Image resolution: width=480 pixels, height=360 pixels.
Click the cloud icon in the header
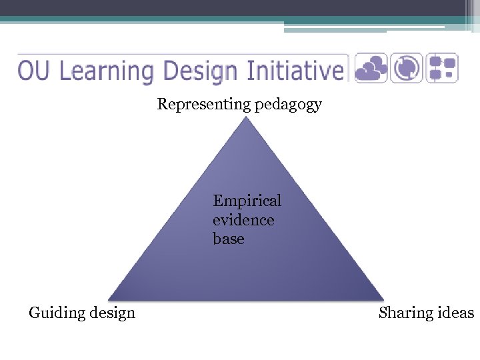pyautogui.click(x=371, y=68)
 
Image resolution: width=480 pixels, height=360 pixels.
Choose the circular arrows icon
pyautogui.click(x=406, y=68)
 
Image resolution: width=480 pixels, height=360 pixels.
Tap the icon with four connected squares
pyautogui.click(x=441, y=68)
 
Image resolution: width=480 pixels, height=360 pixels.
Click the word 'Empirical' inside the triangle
pyautogui.click(x=247, y=201)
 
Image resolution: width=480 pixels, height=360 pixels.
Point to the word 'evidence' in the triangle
pyautogui.click(x=243, y=219)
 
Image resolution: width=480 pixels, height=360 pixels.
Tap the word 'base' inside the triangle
pyautogui.click(x=229, y=239)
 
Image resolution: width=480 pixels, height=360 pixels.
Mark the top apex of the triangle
pyautogui.click(x=246, y=117)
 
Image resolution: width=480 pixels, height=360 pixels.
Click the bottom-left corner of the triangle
pyautogui.click(x=109, y=299)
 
